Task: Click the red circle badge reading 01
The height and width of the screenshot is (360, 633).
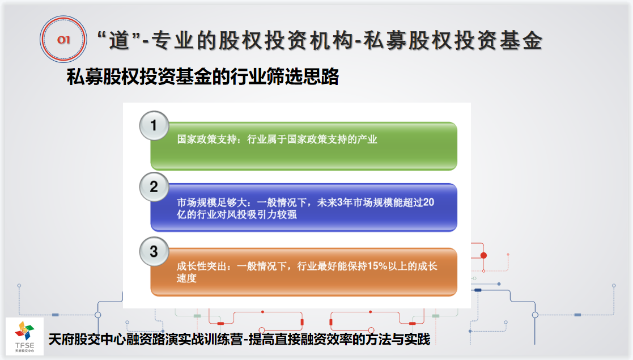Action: point(63,39)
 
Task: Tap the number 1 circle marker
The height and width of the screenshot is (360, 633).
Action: point(154,126)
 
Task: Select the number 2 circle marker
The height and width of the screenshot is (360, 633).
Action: point(154,187)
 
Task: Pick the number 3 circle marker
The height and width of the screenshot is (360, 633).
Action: point(154,251)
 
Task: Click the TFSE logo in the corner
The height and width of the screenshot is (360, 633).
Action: point(24,336)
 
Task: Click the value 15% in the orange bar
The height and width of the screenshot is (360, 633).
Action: point(377,266)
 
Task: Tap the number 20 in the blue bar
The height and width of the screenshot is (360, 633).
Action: point(429,202)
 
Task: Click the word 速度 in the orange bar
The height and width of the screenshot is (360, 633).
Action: point(186,278)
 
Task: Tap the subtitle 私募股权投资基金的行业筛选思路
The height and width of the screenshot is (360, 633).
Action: point(203,77)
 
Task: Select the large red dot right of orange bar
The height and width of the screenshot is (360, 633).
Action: point(483,255)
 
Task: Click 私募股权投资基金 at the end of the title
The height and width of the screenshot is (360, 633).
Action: point(453,40)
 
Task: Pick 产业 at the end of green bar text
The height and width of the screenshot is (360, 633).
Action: point(367,139)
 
